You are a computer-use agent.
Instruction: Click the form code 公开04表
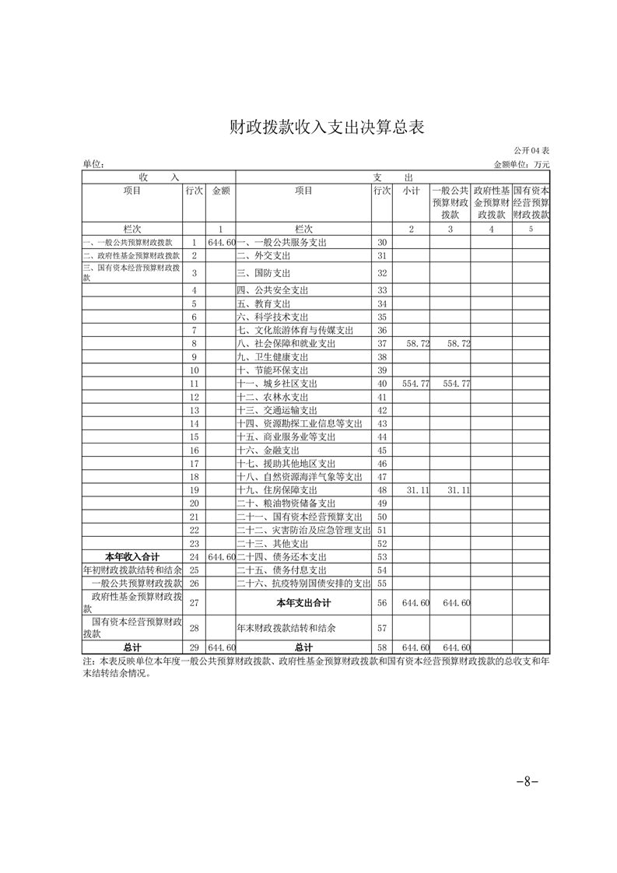[x=531, y=150]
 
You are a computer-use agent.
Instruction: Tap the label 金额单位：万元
[x=521, y=164]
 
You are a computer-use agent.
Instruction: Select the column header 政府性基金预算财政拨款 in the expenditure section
[x=492, y=202]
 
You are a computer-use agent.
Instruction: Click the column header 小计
[x=412, y=191]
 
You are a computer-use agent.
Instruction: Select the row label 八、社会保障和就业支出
[x=286, y=343]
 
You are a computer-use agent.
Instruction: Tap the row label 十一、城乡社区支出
[x=276, y=384]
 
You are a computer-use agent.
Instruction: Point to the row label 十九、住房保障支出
[x=276, y=490]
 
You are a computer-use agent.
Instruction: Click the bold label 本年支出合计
[x=303, y=603]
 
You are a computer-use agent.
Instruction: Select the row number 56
[x=381, y=603]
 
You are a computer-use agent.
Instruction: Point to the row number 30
[x=381, y=243]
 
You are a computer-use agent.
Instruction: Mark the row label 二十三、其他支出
[x=272, y=544]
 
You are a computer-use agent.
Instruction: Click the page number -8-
[x=527, y=781]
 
